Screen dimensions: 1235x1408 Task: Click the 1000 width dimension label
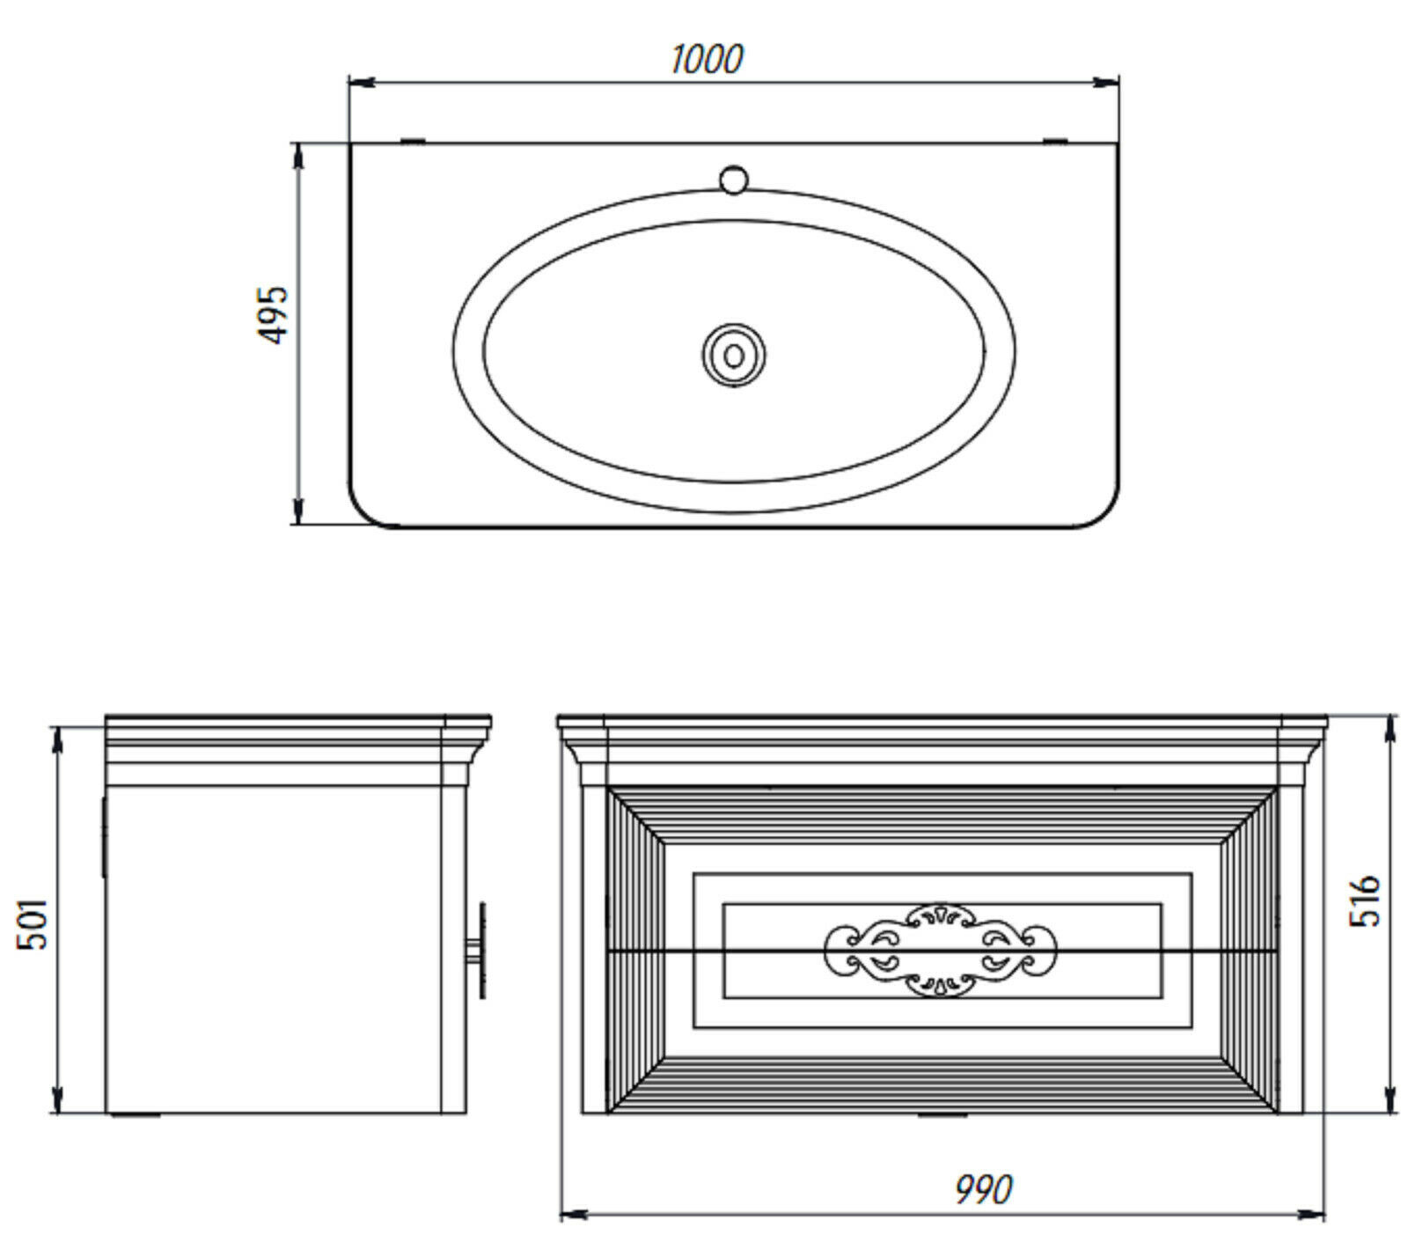coord(707,59)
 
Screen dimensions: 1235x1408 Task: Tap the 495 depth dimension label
coord(273,314)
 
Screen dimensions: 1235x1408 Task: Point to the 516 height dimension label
coord(1366,901)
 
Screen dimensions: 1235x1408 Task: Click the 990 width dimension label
coord(984,1189)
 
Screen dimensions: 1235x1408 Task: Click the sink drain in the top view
coord(734,355)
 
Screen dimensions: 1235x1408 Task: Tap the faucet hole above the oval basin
coord(733,179)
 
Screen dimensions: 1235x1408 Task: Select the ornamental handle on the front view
coord(941,950)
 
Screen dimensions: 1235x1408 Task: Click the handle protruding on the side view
coord(480,949)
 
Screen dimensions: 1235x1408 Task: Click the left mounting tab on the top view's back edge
coord(413,140)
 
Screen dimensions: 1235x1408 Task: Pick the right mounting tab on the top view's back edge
coord(1055,140)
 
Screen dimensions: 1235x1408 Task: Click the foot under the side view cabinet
coord(136,1115)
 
